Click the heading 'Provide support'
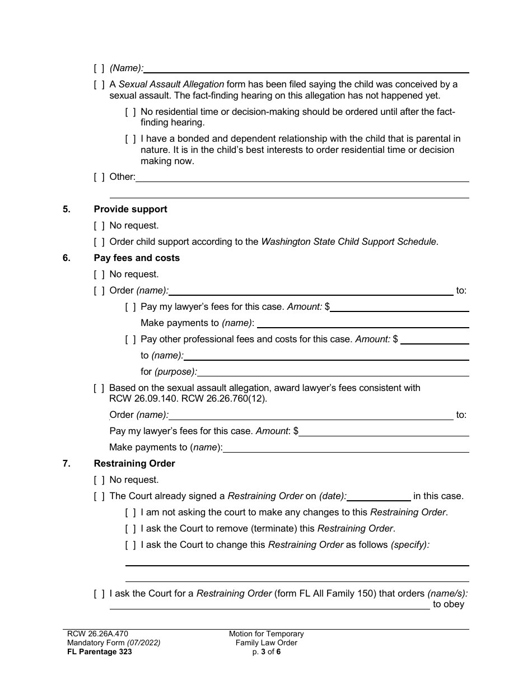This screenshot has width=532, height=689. click(130, 209)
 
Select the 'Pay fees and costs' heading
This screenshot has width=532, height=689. click(137, 258)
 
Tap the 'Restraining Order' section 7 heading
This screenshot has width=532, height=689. click(134, 463)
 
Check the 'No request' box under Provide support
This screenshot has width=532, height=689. click(99, 225)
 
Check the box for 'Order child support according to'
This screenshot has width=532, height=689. click(99, 241)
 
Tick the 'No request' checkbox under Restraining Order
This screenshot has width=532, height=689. click(99, 479)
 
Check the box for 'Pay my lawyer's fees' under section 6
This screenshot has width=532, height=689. click(130, 306)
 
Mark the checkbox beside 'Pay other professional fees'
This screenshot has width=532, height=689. click(130, 339)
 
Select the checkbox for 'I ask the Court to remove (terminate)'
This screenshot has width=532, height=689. click(130, 528)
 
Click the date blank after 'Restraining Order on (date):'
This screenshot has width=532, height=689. click(379, 496)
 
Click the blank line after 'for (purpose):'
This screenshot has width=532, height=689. click(333, 372)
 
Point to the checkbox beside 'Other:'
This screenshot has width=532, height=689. click(99, 176)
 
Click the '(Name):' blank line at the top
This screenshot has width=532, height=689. click(306, 68)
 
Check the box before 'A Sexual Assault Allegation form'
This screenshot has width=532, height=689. click(99, 84)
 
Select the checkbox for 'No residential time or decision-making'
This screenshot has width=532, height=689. click(130, 111)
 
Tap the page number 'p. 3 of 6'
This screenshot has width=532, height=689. click(266, 651)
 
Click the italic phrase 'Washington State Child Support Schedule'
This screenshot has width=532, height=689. click(349, 241)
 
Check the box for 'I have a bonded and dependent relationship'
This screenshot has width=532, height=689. click(130, 138)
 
